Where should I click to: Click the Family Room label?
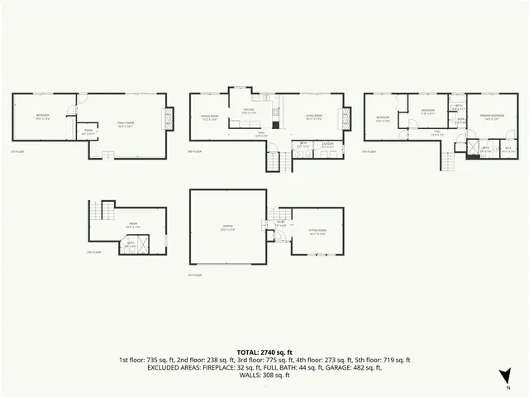[126, 125]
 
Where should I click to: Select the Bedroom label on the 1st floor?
[43, 117]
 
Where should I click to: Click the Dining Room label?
[210, 118]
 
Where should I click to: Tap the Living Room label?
[312, 117]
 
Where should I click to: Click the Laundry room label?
[327, 146]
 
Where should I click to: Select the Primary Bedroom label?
[492, 117]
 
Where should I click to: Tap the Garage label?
[226, 229]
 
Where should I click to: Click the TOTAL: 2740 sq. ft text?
[264, 352]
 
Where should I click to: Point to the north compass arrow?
[506, 376]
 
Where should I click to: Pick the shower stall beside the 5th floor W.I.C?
[472, 152]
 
